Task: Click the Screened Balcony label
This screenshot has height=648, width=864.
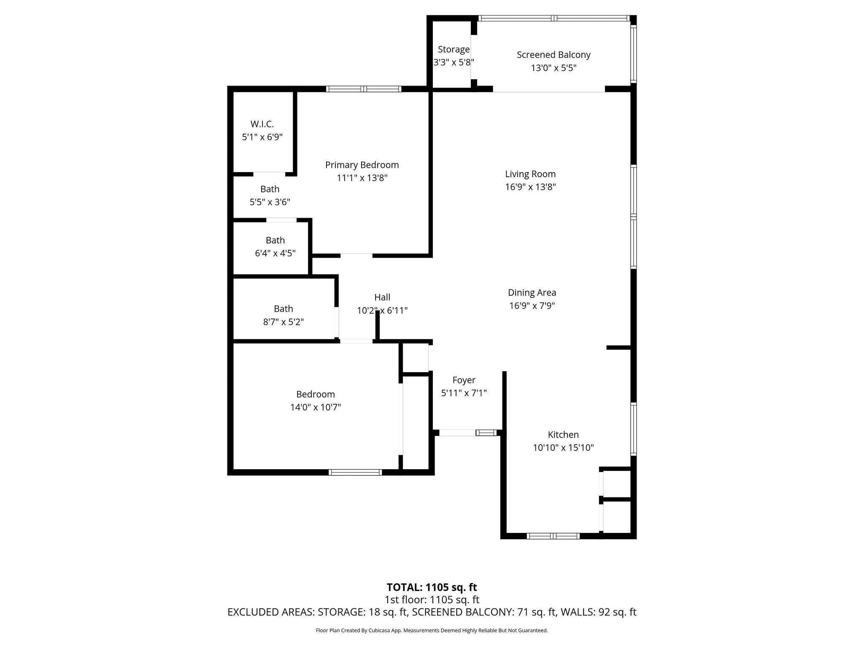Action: pyautogui.click(x=553, y=55)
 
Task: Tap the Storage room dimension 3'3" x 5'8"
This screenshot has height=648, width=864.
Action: pyautogui.click(x=454, y=62)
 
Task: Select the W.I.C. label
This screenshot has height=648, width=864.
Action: pyautogui.click(x=262, y=124)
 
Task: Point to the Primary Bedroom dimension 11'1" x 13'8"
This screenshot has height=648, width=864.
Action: pyautogui.click(x=362, y=178)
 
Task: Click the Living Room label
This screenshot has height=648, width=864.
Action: pyautogui.click(x=530, y=174)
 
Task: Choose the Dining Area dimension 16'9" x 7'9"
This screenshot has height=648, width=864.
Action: pyautogui.click(x=532, y=306)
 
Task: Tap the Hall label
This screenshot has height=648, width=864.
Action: pyautogui.click(x=382, y=297)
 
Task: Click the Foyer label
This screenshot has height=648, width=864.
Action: pyautogui.click(x=464, y=380)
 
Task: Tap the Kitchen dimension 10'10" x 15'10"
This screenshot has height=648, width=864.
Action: pyautogui.click(x=563, y=448)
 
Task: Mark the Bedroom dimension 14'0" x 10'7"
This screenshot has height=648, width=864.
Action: pyautogui.click(x=315, y=408)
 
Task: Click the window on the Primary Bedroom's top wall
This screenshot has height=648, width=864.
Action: pyautogui.click(x=364, y=89)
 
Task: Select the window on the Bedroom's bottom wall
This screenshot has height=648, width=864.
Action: pyautogui.click(x=355, y=472)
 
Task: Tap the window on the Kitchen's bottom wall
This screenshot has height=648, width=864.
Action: pyautogui.click(x=553, y=536)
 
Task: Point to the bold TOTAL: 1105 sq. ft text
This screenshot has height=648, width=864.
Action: pyautogui.click(x=432, y=587)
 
